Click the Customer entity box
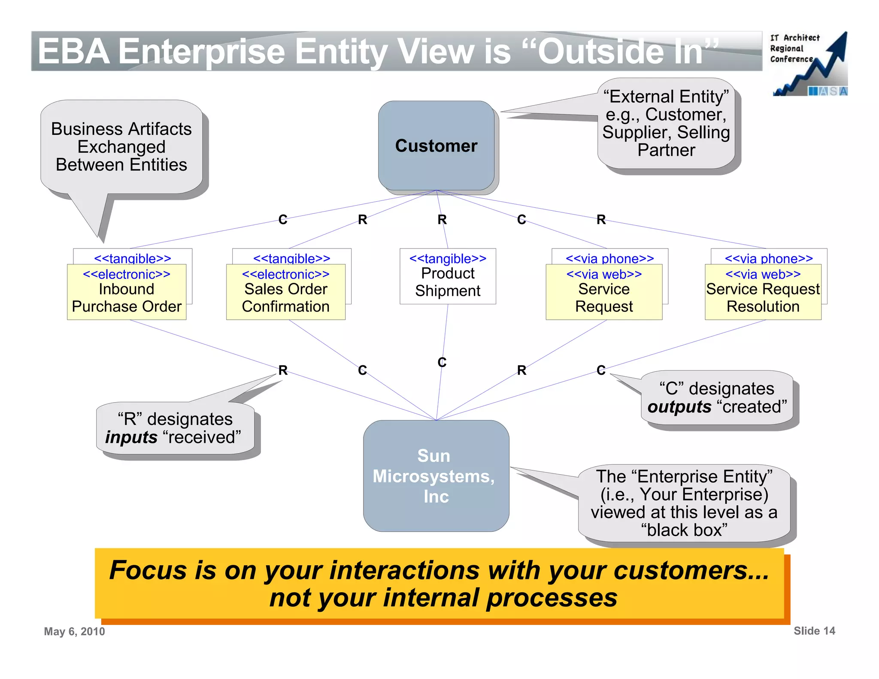[436, 146]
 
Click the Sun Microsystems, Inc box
[436, 476]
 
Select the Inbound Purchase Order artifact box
[127, 297]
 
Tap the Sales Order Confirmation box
[286, 297]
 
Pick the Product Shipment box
[448, 282]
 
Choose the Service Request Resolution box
[763, 297]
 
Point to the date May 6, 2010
[74, 631]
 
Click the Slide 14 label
[814, 630]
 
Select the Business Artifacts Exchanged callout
[121, 147]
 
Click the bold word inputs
[131, 437]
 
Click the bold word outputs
[679, 407]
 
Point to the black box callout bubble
[684, 503]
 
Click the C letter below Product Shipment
[442, 362]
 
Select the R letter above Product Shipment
[442, 220]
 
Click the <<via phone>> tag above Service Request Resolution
[769, 258]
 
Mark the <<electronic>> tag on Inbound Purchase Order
[127, 274]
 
